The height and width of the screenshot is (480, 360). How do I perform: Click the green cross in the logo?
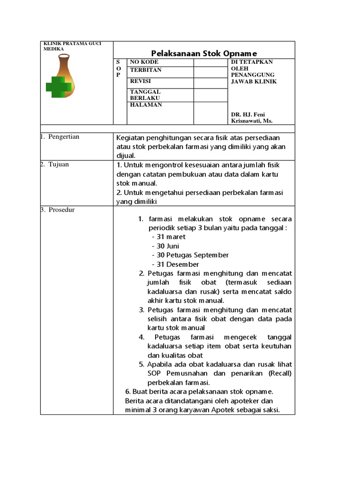[x=59, y=87]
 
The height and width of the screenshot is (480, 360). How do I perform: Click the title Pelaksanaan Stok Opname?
[x=204, y=53]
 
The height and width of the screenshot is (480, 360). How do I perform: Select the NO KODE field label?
[x=144, y=62]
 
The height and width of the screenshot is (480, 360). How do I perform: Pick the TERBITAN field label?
[x=145, y=70]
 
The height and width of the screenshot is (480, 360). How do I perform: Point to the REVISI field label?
[x=140, y=81]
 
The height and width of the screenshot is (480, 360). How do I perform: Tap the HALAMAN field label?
[x=146, y=105]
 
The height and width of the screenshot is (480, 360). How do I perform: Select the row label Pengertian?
[x=64, y=137]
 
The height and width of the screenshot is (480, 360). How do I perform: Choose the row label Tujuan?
[x=58, y=165]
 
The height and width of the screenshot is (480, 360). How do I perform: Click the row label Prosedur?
[x=61, y=210]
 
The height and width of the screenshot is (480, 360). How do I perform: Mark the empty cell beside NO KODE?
[x=210, y=62]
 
